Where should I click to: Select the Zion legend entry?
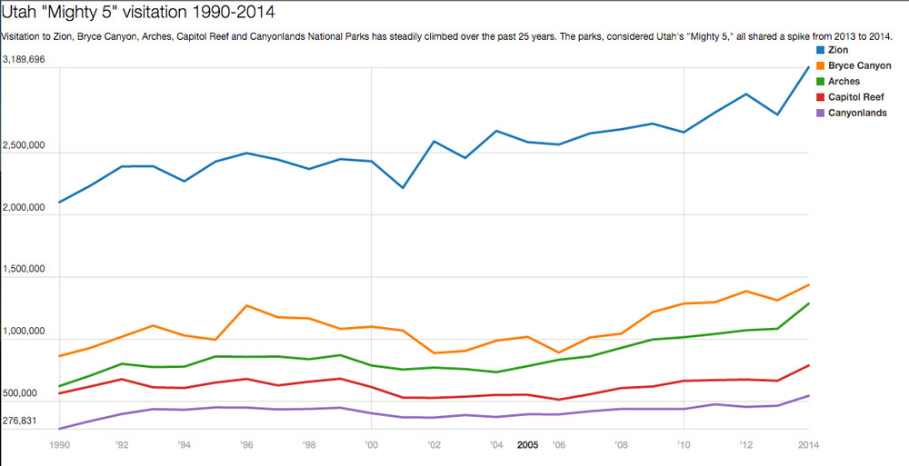837,50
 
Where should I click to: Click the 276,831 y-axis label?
23,421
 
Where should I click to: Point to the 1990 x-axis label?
60,445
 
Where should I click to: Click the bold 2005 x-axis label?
527,445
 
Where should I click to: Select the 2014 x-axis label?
808,445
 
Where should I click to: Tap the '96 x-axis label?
246,445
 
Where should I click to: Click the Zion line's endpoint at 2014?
808,67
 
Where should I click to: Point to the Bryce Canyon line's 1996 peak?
246,305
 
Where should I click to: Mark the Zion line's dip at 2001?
403,188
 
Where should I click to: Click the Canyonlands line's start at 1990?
60,429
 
